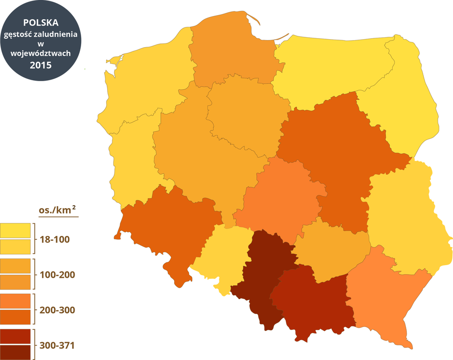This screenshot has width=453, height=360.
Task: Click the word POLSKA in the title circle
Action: pyautogui.click(x=41, y=23)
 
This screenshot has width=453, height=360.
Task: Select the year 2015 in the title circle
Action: pyautogui.click(x=41, y=65)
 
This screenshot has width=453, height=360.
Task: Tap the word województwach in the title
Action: pyautogui.click(x=41, y=54)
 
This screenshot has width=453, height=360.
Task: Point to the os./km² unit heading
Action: pyautogui.click(x=58, y=209)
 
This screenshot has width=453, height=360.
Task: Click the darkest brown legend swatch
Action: pyautogui.click(x=15, y=352)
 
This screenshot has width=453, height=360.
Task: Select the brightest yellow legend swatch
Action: pyautogui.click(x=15, y=230)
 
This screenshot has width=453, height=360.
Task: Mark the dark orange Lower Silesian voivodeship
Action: pyautogui.click(x=165, y=226)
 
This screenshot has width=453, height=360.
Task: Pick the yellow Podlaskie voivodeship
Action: pyautogui.click(x=406, y=104)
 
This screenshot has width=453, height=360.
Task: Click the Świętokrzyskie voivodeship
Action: pyautogui.click(x=330, y=250)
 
